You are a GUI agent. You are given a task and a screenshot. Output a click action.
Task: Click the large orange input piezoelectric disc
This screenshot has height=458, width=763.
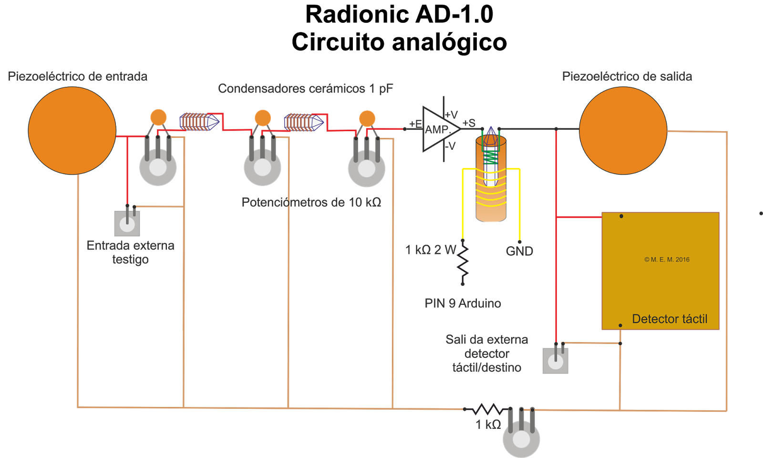pyautogui.click(x=72, y=130)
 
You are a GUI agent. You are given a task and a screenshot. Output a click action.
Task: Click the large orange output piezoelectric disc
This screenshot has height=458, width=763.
pyautogui.click(x=623, y=130)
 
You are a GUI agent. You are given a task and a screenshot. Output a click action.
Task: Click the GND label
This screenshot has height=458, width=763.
pyautogui.click(x=519, y=251)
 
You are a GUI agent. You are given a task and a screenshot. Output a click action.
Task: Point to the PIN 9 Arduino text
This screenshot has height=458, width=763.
pyautogui.click(x=463, y=303)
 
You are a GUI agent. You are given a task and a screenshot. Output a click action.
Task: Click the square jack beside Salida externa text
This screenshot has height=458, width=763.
pyautogui.click(x=555, y=361)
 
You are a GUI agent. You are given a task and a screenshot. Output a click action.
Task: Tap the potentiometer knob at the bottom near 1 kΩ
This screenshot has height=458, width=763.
pyautogui.click(x=521, y=439)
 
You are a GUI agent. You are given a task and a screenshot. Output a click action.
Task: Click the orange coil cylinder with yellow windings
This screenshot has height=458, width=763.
pyautogui.click(x=491, y=191)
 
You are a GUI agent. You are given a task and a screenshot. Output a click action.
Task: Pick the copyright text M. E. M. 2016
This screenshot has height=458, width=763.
pyautogui.click(x=667, y=260)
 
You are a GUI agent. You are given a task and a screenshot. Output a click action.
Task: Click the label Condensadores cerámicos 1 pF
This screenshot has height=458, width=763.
pyautogui.click(x=305, y=89)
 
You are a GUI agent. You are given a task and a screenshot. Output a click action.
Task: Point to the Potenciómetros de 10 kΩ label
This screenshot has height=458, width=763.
pyautogui.click(x=311, y=202)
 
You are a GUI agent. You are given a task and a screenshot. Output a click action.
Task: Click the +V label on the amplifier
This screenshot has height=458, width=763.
pyautogui.click(x=451, y=115)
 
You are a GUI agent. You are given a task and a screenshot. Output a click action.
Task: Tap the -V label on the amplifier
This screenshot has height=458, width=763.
pyautogui.click(x=450, y=146)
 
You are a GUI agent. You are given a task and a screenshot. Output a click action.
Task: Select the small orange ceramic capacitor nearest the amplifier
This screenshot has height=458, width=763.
pyautogui.click(x=367, y=118)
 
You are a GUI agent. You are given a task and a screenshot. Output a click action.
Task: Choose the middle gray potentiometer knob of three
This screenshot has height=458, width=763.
pyautogui.click(x=262, y=167)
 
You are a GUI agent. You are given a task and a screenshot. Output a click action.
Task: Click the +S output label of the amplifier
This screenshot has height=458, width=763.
pyautogui.click(x=469, y=123)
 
